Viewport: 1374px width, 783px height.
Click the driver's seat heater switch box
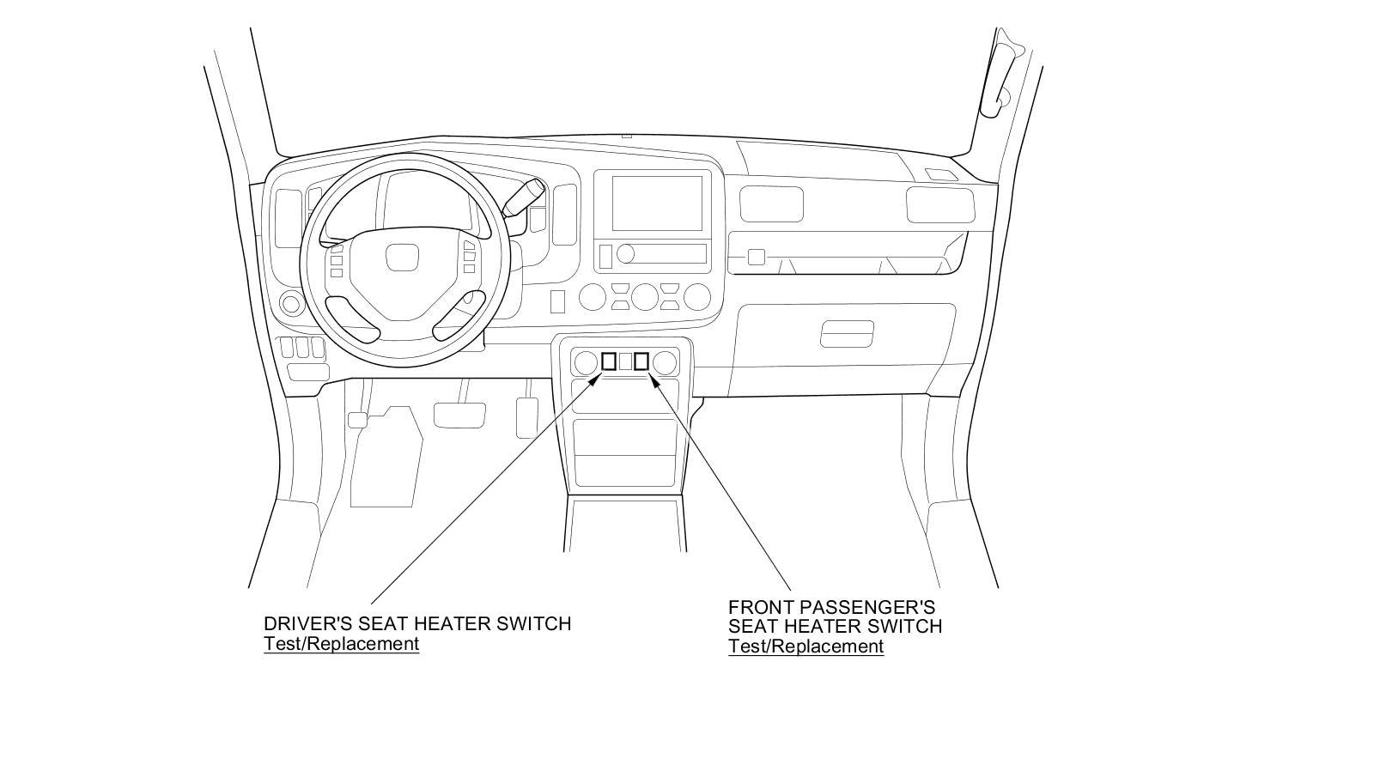[609, 361]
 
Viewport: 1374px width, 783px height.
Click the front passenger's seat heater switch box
[641, 361]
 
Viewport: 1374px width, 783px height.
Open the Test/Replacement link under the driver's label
[341, 644]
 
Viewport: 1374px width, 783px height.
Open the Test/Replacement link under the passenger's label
[806, 646]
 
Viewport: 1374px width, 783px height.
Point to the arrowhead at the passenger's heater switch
[654, 379]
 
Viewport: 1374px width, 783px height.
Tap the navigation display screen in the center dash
[657, 203]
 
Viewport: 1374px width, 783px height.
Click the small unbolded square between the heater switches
[625, 361]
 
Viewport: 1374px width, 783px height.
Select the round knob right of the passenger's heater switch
[663, 362]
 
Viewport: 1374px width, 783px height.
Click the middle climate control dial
[644, 297]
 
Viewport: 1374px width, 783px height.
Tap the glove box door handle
[847, 334]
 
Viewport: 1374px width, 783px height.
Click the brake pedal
[459, 415]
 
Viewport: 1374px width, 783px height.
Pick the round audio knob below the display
[626, 253]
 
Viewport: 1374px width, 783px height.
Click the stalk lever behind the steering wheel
[524, 197]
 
